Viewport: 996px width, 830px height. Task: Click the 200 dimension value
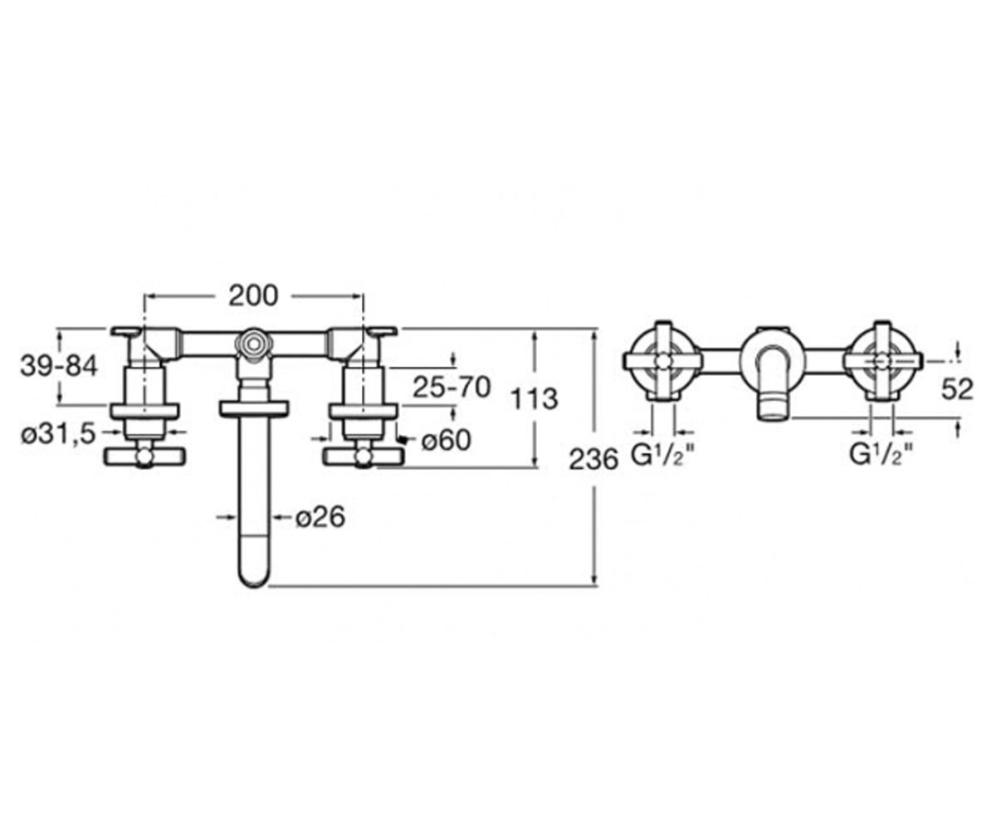253,296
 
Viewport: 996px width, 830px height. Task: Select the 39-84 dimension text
59,366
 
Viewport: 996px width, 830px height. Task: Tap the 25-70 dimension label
452,387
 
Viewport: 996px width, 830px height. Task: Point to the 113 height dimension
534,398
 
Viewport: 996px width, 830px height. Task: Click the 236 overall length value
594,461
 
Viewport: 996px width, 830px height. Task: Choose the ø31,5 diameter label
58,434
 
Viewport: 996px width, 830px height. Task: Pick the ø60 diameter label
446,440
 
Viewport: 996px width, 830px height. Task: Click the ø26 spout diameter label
320,516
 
